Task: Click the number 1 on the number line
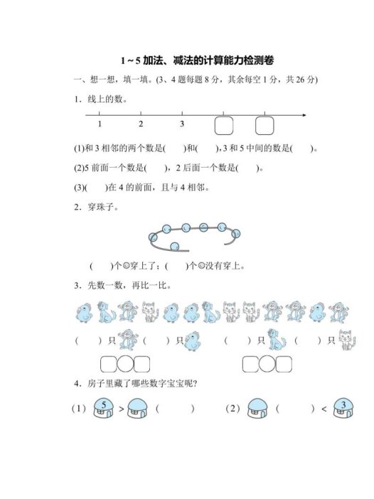click(100, 124)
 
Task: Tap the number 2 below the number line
click(141, 124)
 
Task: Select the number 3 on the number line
click(182, 124)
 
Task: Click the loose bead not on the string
click(174, 245)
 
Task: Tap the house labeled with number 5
click(104, 409)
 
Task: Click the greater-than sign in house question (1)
click(121, 410)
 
